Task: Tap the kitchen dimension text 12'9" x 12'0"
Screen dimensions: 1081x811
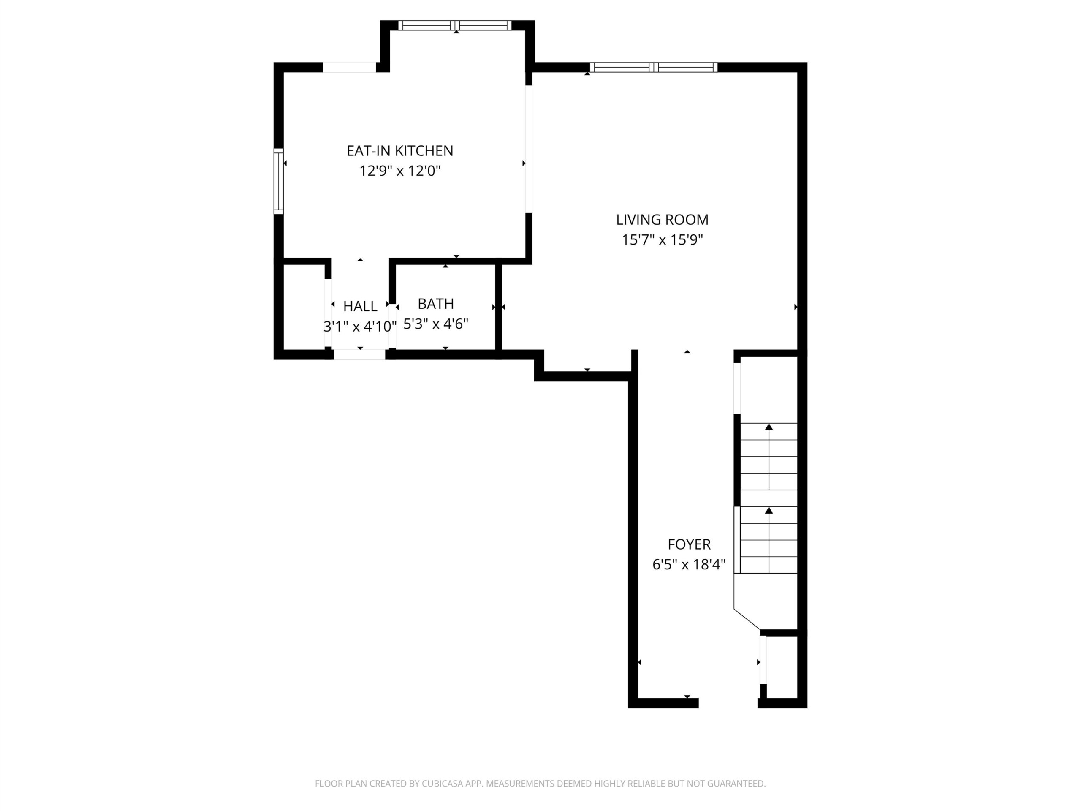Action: pos(400,171)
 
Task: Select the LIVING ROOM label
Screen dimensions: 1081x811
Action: pos(662,220)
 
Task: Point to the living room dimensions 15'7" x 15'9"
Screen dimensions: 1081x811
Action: pos(662,239)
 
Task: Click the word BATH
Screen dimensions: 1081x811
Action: pos(435,304)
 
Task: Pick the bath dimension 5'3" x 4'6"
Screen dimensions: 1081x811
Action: pos(435,324)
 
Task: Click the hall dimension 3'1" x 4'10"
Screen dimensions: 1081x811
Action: pos(360,326)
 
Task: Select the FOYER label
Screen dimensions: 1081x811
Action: pos(689,544)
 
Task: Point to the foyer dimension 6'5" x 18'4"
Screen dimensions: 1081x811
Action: pos(689,565)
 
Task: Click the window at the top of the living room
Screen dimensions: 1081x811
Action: pos(653,68)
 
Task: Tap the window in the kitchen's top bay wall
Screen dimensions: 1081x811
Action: pos(455,25)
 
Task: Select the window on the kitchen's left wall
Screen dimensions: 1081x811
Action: pos(279,181)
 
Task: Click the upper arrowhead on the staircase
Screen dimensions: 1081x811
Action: pos(769,427)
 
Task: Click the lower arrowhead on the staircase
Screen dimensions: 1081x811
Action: pos(769,510)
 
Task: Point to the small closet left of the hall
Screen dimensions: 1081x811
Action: pos(304,307)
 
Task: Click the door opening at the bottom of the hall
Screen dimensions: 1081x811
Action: pos(360,354)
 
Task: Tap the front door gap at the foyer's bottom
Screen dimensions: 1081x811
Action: pos(728,703)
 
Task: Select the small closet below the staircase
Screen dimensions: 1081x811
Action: pos(782,667)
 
